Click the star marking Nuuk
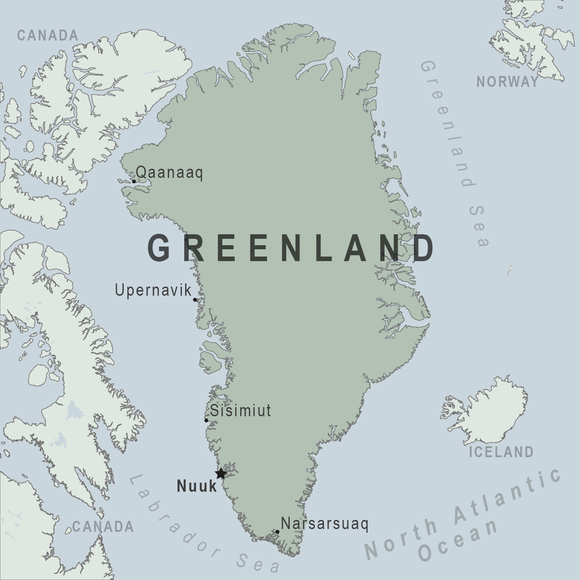pyautogui.click(x=221, y=474)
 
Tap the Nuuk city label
pyautogui.click(x=197, y=486)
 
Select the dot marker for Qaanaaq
pyautogui.click(x=134, y=182)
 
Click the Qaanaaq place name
pyautogui.click(x=169, y=173)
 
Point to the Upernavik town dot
pyautogui.click(x=195, y=300)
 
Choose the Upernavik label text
pyautogui.click(x=153, y=290)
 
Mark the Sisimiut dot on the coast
pyautogui.click(x=207, y=420)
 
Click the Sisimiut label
pyautogui.click(x=240, y=411)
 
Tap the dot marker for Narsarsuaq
pyautogui.click(x=277, y=532)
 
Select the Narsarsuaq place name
pyautogui.click(x=324, y=524)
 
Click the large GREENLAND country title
pyautogui.click(x=291, y=248)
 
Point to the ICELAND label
pyautogui.click(x=501, y=452)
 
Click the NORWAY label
pyautogui.click(x=507, y=82)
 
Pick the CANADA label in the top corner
pyautogui.click(x=48, y=35)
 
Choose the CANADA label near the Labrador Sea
pyautogui.click(x=103, y=527)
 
